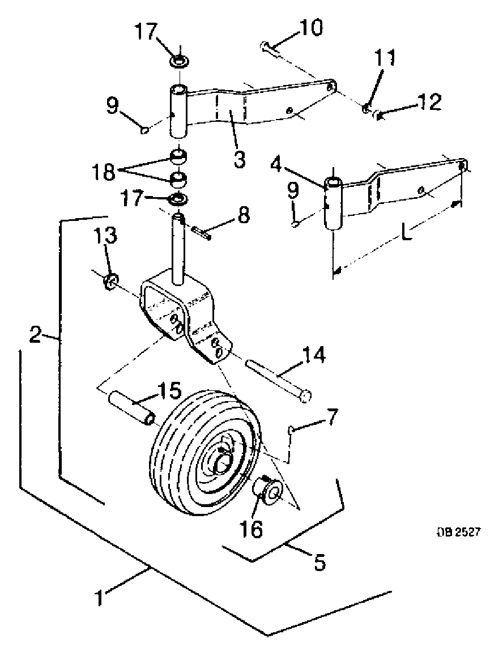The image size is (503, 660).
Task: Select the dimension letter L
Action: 406,232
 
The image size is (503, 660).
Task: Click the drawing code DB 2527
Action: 457,532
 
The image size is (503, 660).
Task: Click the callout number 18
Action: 104,171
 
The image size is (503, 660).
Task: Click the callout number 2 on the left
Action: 36,335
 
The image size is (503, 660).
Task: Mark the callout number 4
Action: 276,165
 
